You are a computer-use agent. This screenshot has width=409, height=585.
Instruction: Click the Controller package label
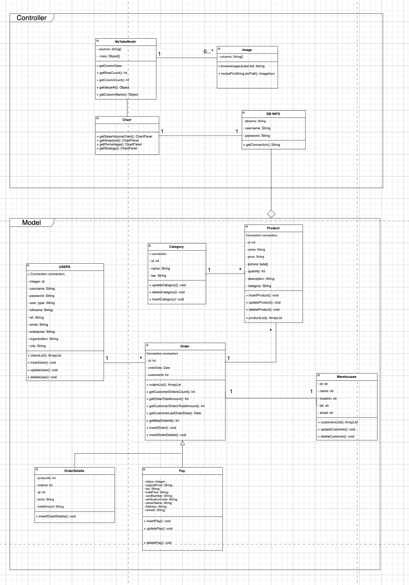(x=32, y=18)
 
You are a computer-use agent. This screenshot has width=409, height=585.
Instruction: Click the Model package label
(x=32, y=223)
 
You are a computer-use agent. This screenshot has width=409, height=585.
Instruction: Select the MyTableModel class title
(x=126, y=42)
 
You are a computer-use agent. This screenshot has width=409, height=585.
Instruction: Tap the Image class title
(x=247, y=50)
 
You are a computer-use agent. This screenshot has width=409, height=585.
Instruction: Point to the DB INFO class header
(x=273, y=114)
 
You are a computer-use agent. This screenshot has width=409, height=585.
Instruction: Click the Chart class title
(x=127, y=120)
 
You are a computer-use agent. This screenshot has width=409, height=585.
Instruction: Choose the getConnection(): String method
(x=262, y=145)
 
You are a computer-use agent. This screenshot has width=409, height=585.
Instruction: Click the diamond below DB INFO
(x=271, y=214)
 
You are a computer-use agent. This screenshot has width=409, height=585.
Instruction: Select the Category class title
(x=176, y=247)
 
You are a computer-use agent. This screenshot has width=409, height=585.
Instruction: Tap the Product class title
(x=273, y=228)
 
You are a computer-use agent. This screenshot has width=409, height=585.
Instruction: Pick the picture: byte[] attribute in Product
(x=257, y=264)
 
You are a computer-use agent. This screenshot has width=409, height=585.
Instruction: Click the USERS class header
(x=65, y=267)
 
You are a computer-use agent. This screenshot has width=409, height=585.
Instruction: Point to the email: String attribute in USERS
(x=38, y=325)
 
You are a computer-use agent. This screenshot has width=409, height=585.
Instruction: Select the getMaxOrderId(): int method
(x=163, y=421)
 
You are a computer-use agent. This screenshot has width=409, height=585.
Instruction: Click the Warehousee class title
(x=347, y=377)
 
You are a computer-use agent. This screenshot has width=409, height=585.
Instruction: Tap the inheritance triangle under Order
(x=182, y=443)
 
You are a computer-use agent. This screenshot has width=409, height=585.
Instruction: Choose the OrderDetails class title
(x=74, y=471)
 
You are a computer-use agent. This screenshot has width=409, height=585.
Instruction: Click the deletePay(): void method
(x=158, y=543)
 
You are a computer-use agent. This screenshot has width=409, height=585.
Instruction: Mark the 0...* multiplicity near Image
(x=208, y=51)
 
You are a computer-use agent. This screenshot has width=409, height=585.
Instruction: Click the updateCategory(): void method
(x=167, y=285)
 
